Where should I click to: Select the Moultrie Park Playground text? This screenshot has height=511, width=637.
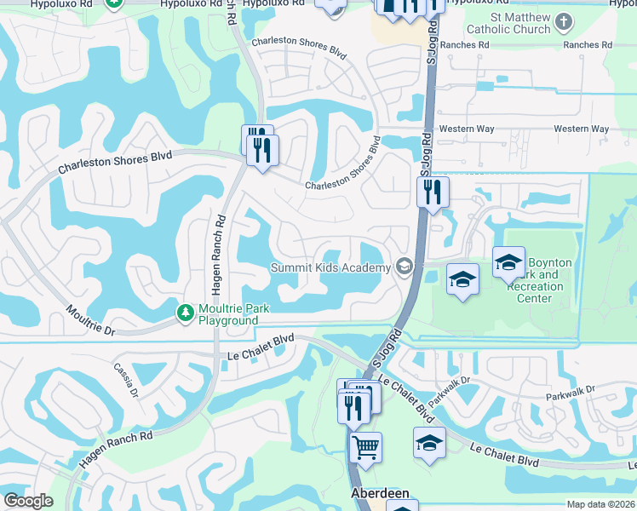(227, 314)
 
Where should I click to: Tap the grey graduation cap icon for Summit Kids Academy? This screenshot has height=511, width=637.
(404, 267)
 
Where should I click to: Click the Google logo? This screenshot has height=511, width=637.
(28, 501)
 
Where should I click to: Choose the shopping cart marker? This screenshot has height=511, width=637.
(365, 445)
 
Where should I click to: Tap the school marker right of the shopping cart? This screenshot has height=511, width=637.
(429, 443)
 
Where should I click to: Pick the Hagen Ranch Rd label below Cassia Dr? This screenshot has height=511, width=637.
(116, 448)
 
